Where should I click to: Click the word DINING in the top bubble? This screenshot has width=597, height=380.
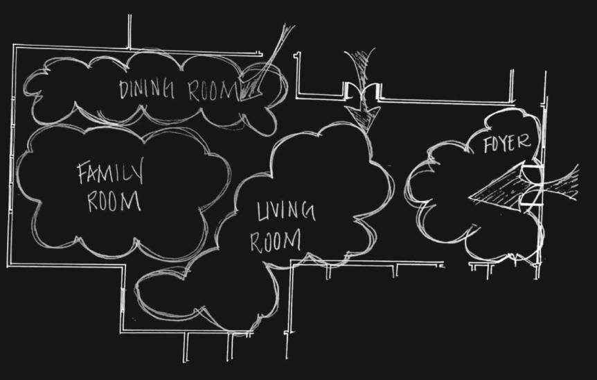click(x=146, y=90)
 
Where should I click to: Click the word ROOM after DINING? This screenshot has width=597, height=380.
click(x=213, y=92)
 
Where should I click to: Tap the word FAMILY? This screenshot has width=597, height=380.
click(x=110, y=174)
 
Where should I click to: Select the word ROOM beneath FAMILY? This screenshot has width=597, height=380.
click(x=114, y=201)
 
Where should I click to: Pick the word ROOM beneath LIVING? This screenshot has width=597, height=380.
click(x=275, y=241)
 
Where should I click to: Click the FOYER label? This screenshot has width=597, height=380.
click(x=507, y=144)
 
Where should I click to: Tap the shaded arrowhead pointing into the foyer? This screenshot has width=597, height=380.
click(x=497, y=191)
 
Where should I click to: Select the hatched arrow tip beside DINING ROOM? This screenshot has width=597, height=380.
click(x=251, y=89)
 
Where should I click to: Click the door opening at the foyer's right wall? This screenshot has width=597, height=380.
click(x=532, y=187)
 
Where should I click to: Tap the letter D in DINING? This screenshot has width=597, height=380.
click(x=125, y=90)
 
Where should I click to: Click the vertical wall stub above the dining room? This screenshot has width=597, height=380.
click(x=130, y=31)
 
